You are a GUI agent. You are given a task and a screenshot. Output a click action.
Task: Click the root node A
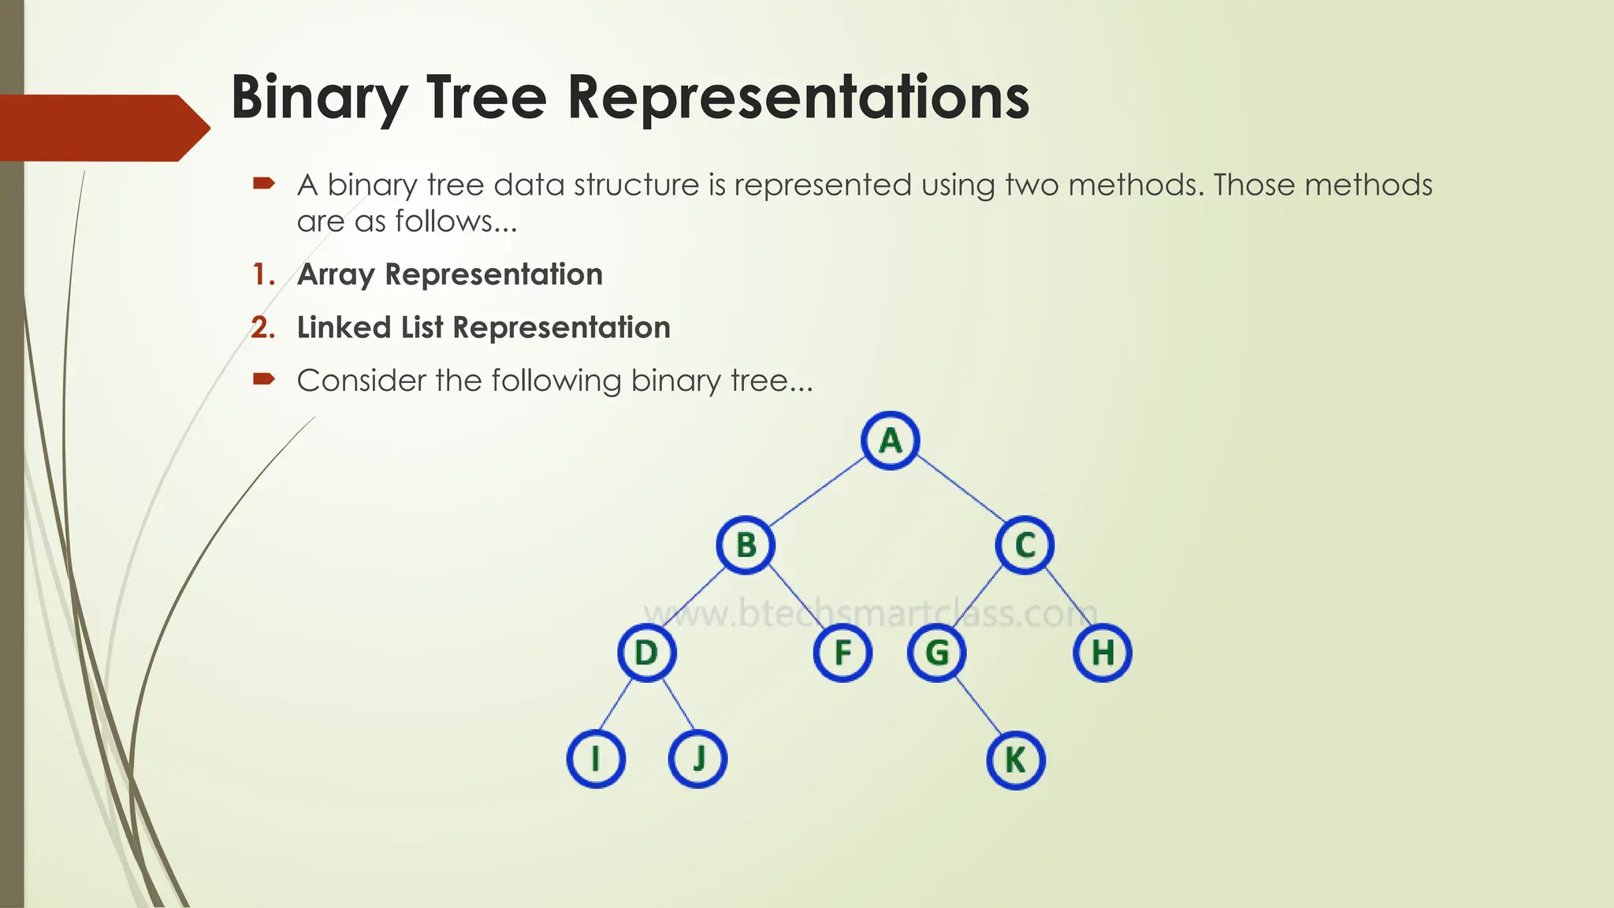891,441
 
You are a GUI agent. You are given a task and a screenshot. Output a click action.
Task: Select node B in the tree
746,545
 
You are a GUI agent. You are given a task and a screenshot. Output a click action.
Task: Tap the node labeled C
1025,545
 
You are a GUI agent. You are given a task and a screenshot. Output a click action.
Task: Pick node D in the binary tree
646,653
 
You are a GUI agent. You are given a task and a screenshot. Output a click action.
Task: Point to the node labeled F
842,653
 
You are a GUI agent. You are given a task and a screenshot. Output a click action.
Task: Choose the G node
936,653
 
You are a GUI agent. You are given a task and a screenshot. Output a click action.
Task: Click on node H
1103,653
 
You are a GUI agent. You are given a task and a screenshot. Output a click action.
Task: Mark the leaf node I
596,759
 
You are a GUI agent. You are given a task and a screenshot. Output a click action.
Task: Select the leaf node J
697,759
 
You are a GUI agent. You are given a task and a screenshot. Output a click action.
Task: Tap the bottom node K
1016,760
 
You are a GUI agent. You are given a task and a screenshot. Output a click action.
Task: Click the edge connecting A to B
817,493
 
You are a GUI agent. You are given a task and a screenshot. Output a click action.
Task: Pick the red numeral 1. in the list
264,275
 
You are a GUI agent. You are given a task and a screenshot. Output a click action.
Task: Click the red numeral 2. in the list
264,328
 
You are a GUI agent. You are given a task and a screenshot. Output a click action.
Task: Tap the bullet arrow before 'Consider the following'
263,380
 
